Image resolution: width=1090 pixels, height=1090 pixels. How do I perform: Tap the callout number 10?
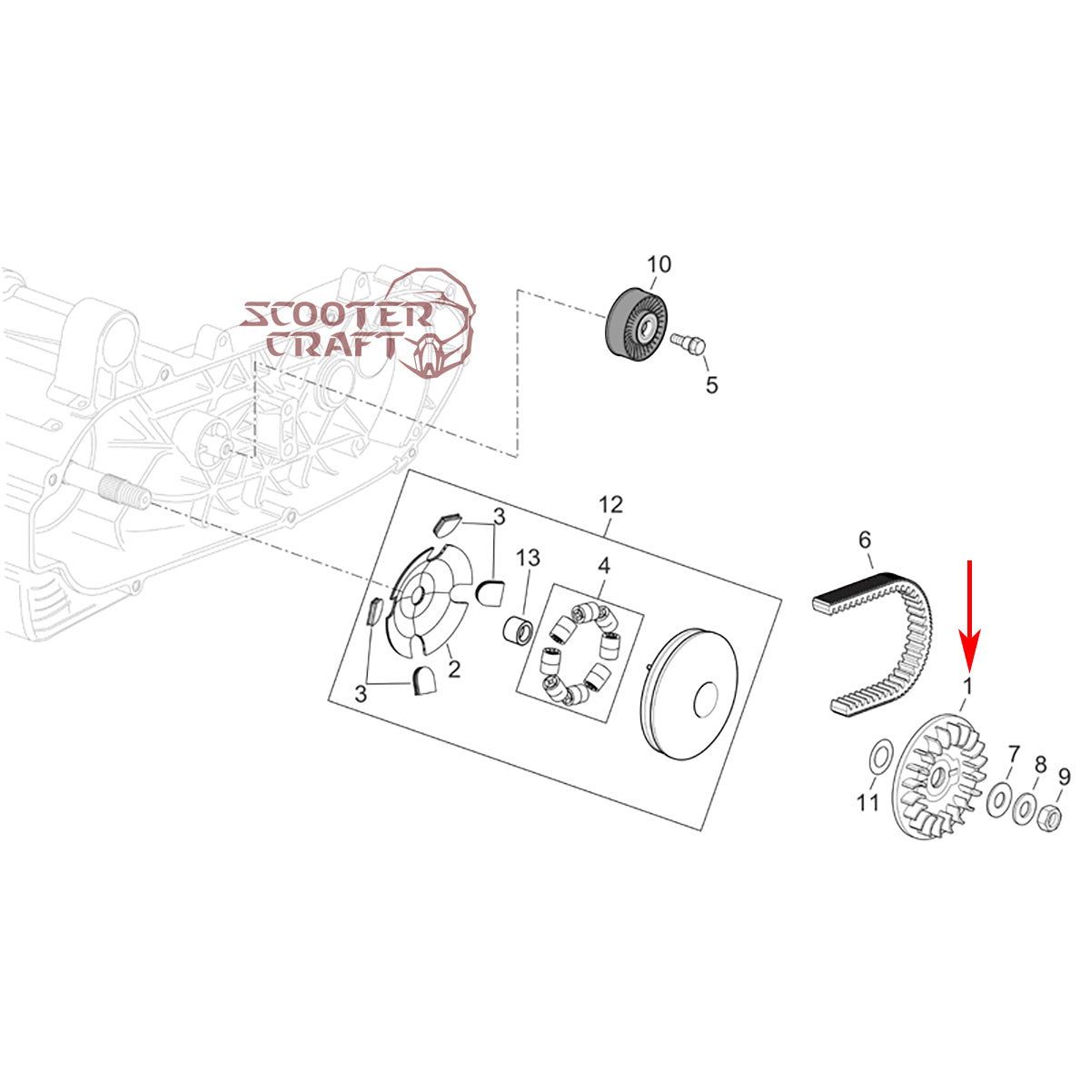(659, 264)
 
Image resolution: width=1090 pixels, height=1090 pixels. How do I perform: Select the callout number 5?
(711, 385)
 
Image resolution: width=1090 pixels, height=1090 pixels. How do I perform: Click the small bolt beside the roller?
(690, 342)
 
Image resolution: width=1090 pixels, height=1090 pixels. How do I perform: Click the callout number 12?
(610, 503)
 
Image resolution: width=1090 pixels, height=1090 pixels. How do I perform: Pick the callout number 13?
(529, 558)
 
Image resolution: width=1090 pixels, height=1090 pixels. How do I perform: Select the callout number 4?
(603, 567)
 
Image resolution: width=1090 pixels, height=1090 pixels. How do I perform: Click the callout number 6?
(865, 541)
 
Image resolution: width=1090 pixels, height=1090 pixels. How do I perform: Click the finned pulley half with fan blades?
(940, 777)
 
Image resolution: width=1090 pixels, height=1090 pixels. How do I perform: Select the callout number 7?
(1014, 754)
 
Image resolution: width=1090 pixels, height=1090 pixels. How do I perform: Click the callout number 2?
(454, 669)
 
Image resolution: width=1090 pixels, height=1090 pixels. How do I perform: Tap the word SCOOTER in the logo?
(336, 315)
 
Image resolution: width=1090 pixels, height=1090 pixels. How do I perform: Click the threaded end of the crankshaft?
(127, 492)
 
